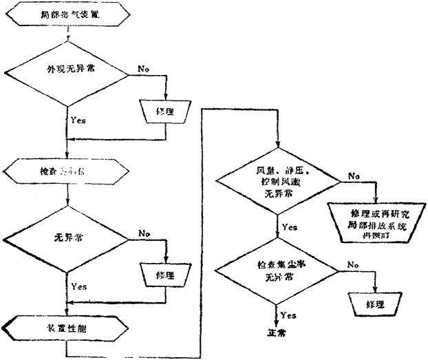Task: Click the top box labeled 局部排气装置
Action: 65,14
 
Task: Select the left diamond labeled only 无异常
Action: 67,238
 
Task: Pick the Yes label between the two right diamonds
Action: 290,226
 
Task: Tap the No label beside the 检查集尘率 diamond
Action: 353,264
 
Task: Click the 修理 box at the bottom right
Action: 375,303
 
